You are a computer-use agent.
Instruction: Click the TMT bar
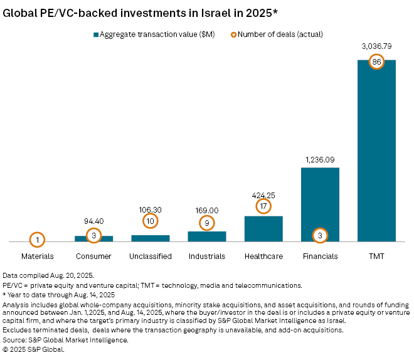point(376,151)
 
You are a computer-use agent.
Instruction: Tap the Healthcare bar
point(263,229)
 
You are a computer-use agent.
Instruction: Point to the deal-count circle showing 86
point(376,62)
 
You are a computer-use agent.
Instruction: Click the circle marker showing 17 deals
point(263,206)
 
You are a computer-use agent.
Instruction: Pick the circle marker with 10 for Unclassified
point(151,221)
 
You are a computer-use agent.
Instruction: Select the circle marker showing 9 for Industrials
point(207,223)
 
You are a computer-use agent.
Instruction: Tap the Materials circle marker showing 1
point(38,240)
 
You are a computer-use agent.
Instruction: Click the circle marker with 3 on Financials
point(320,235)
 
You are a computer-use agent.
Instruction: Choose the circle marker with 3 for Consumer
point(94,235)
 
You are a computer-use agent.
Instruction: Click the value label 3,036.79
point(376,46)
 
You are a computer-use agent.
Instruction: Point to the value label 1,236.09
point(320,160)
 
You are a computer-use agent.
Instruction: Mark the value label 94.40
point(94,221)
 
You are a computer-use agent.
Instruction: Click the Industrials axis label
point(207,256)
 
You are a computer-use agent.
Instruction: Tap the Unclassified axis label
point(151,256)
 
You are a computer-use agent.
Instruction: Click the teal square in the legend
point(97,34)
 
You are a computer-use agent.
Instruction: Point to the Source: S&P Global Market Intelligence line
point(65,340)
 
